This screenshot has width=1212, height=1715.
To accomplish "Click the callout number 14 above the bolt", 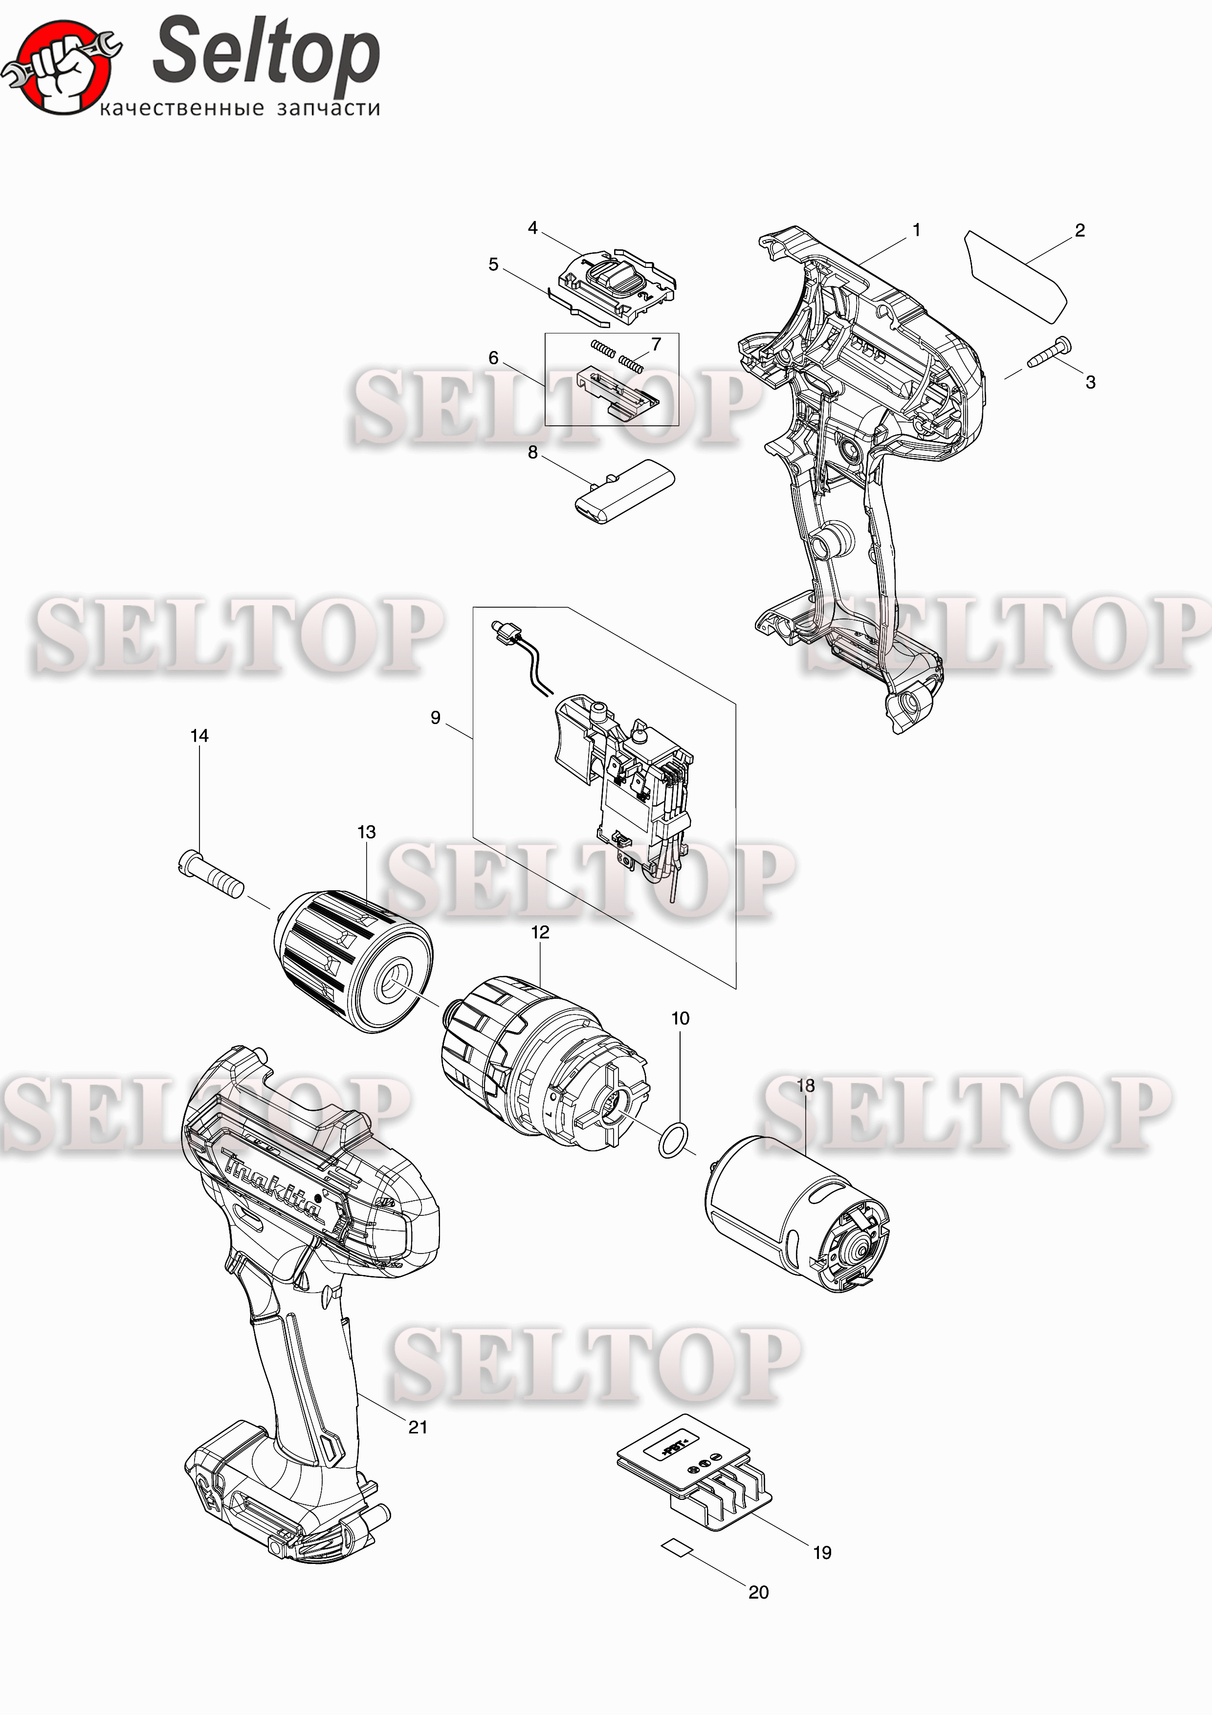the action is [x=199, y=736].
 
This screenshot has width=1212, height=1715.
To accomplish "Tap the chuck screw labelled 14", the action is [x=211, y=875].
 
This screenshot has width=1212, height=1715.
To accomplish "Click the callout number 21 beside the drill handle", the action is [x=418, y=1428].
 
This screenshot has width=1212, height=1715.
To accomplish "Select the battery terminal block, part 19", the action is [x=694, y=1472].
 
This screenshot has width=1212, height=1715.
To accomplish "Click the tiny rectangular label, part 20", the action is [x=677, y=1547].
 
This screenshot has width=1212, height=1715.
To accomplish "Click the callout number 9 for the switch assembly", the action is [x=435, y=718].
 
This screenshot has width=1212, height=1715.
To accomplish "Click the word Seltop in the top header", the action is [x=266, y=52].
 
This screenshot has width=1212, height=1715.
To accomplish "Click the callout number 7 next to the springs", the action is [x=657, y=344].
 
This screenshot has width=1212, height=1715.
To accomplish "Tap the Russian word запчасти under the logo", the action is [x=329, y=109].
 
